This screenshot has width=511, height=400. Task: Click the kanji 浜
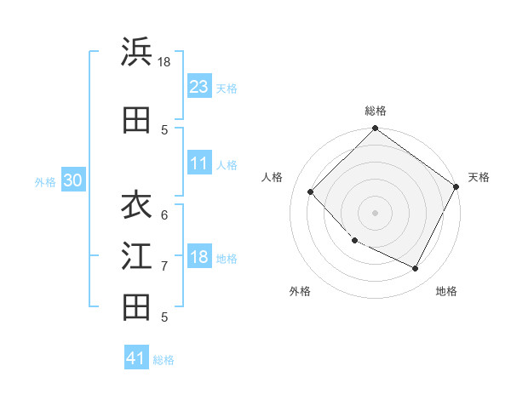[136, 53]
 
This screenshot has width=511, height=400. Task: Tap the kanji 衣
[136, 206]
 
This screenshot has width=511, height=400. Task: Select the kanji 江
[136, 257]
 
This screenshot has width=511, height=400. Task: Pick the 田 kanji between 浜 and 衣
[136, 121]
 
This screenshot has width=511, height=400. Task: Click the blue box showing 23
[199, 87]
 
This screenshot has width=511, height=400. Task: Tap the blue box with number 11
[199, 163]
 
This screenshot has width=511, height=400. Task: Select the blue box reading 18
[199, 257]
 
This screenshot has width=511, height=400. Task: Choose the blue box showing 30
[72, 180]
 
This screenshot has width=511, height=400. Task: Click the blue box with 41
[136, 358]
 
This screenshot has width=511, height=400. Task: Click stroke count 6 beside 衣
[164, 215]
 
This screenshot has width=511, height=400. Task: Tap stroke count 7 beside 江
[164, 266]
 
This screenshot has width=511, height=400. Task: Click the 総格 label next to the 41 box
[164, 359]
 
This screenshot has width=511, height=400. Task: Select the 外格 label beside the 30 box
[45, 181]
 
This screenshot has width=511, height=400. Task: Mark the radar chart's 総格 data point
[375, 129]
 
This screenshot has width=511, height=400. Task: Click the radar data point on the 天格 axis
[456, 186]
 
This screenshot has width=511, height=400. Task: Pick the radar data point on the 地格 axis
[416, 269]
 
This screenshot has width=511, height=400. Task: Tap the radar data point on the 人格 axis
[311, 191]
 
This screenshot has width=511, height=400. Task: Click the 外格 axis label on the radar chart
[300, 291]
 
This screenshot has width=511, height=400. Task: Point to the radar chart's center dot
[375, 213]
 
